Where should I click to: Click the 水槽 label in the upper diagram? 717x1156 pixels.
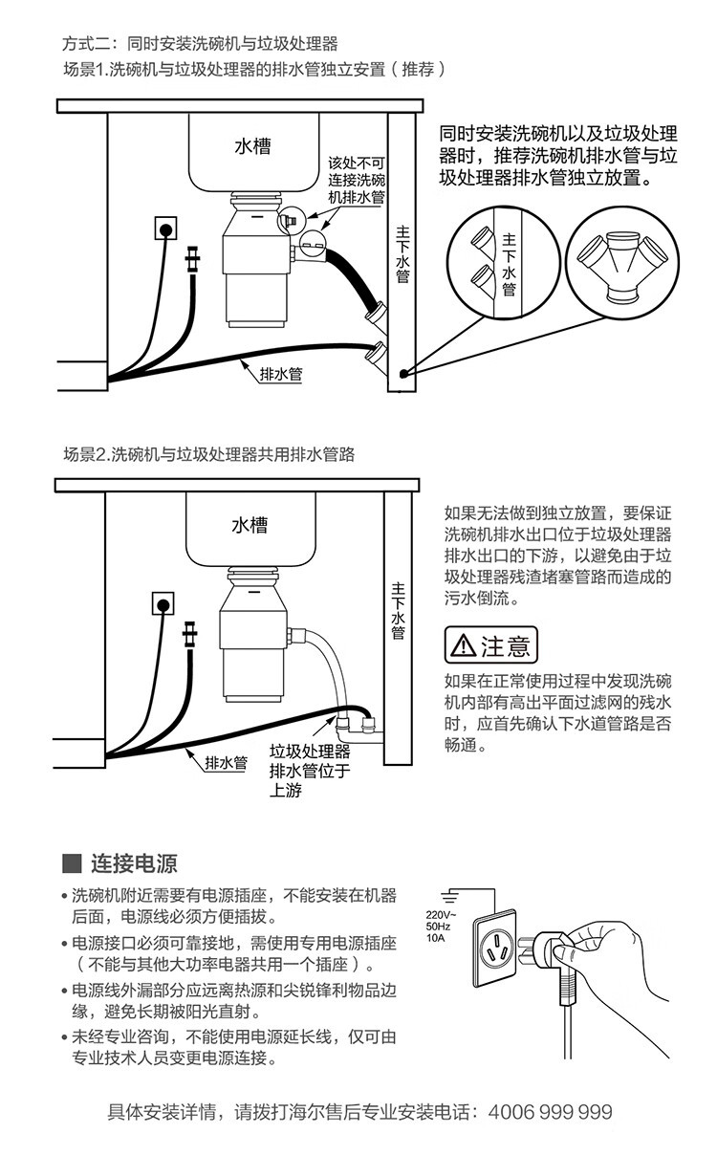coord(252,146)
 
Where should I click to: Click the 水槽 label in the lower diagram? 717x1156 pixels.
coord(249,525)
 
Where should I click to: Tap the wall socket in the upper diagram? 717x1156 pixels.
coord(166,229)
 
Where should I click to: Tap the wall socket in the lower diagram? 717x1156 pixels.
coord(164,604)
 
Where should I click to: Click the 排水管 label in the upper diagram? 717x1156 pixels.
coord(281,375)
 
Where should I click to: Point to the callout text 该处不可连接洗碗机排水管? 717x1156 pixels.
coord(357,180)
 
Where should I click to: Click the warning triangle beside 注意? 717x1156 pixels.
coord(464,646)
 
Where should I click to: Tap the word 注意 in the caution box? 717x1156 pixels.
coord(505,646)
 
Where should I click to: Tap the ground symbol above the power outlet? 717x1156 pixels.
coord(450,896)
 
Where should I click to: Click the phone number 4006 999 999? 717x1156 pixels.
coord(550,1112)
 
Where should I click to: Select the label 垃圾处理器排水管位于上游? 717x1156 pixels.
coord(310,770)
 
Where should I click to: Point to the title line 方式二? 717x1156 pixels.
coord(199,44)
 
